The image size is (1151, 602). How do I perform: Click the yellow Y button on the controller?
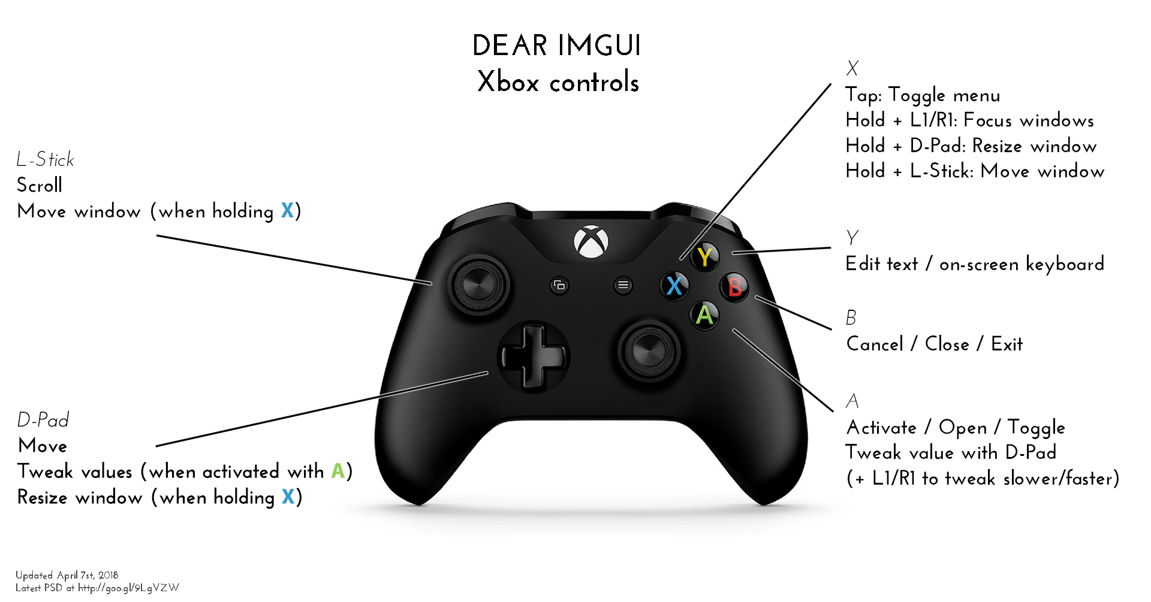[x=705, y=256]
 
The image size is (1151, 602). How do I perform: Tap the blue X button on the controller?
[x=674, y=285]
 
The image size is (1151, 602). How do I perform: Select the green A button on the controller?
[x=705, y=314]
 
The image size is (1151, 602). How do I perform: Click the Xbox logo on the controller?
[x=591, y=242]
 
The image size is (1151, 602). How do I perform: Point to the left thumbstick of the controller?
[x=478, y=284]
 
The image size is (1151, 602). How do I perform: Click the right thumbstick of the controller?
[x=649, y=350]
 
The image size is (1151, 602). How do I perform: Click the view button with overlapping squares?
[x=559, y=285]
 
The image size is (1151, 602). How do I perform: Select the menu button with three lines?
[x=623, y=285]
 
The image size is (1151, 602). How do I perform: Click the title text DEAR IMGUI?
[x=557, y=46]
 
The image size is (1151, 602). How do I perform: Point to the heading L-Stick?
[x=46, y=159]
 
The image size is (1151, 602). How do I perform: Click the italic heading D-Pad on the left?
[x=43, y=419]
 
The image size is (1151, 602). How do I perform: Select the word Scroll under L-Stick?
[x=40, y=185]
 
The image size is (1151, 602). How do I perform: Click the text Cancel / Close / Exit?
[x=935, y=344]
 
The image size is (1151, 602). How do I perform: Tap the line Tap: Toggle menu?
[x=923, y=95]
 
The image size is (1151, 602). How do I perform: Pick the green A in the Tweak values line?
[x=338, y=471]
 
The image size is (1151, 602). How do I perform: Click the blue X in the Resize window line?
[x=288, y=497]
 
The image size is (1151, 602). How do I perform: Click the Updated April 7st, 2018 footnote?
[x=67, y=575]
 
